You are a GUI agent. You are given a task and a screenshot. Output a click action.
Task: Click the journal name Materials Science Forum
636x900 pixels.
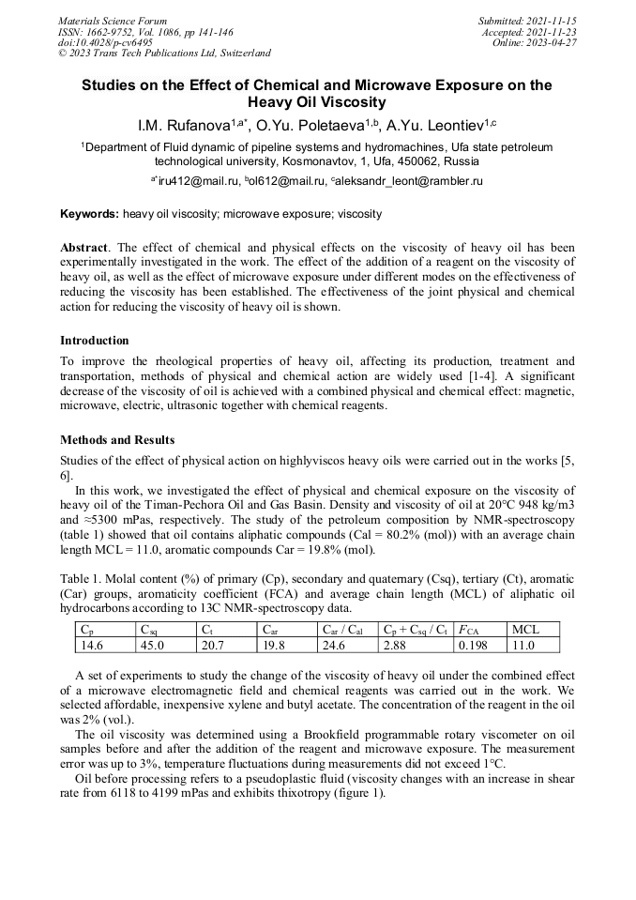(x=113, y=20)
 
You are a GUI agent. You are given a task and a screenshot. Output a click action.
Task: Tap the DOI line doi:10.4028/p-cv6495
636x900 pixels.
(x=105, y=42)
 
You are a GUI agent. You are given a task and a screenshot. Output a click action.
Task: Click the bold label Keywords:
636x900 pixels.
(x=90, y=214)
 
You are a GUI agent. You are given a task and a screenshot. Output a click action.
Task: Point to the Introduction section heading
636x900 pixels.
(x=95, y=341)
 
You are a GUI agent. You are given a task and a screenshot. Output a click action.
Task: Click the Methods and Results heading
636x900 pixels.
(x=117, y=440)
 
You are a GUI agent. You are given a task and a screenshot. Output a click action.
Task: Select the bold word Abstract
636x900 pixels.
(x=83, y=248)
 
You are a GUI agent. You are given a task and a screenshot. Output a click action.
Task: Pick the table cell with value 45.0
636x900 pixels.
(x=152, y=646)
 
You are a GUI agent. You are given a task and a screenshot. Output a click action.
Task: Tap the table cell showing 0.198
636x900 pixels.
(x=473, y=646)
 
